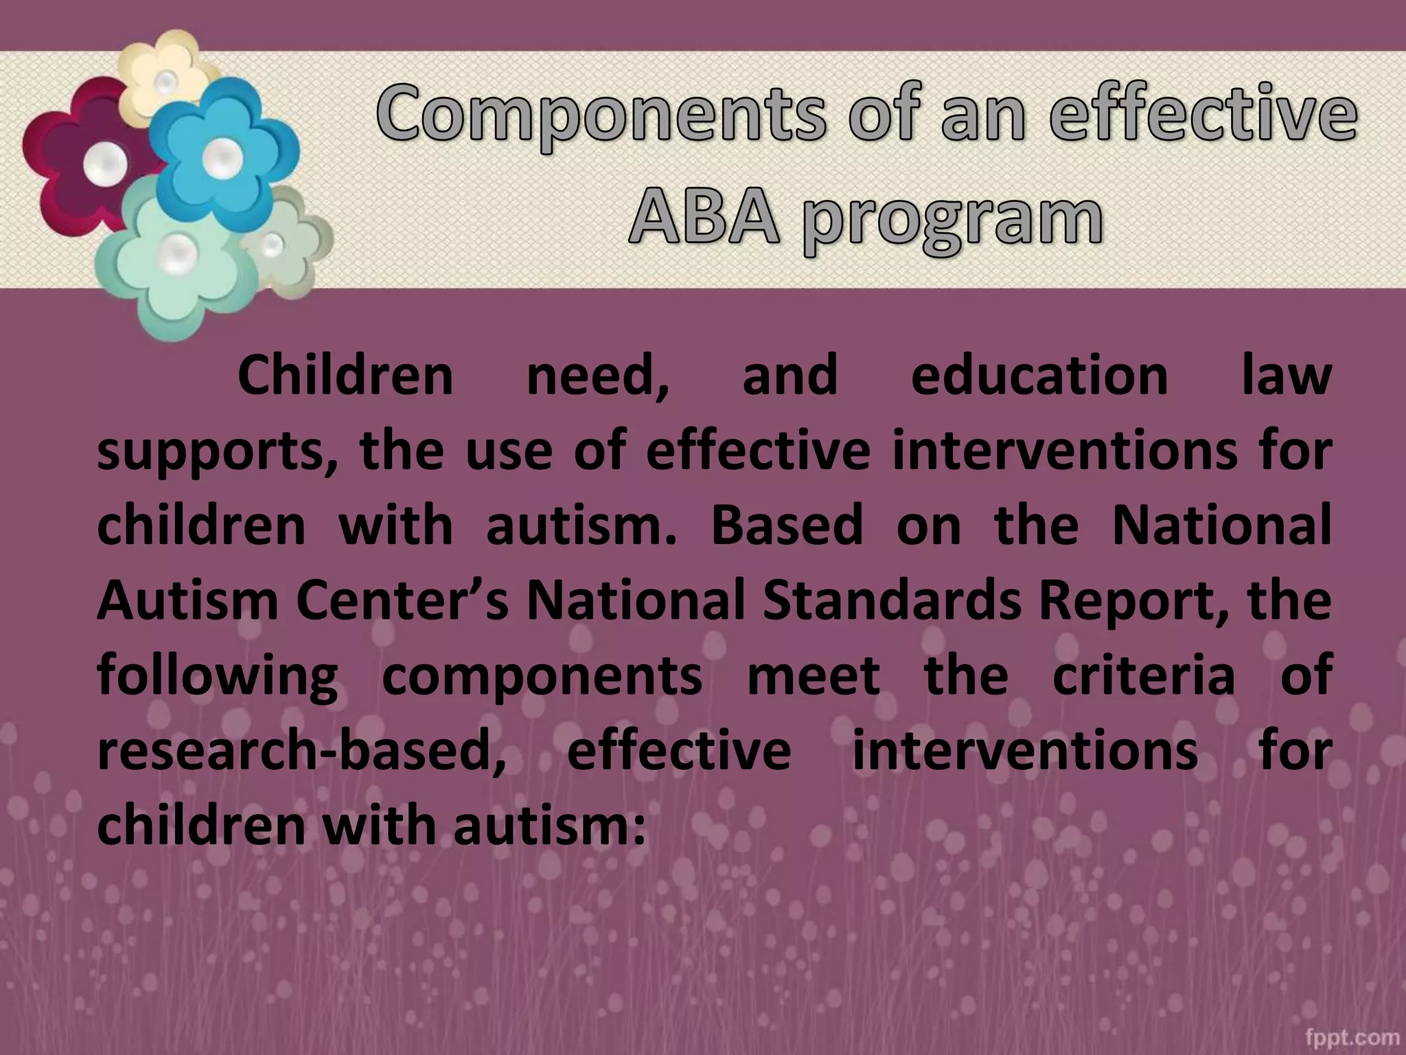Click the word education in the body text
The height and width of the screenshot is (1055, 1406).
[x=1039, y=376]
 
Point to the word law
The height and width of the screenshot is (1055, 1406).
[x=1287, y=376]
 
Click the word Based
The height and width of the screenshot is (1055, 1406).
[x=786, y=525]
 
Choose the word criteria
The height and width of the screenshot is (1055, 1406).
[x=1143, y=675]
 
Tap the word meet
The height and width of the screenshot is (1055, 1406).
[x=813, y=675]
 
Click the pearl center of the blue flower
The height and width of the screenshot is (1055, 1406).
[x=221, y=157]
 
